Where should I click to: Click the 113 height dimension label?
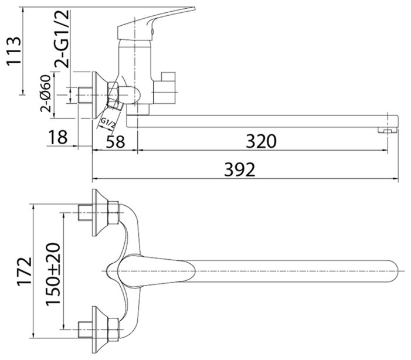click(x=13, y=51)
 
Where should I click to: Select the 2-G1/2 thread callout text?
click(x=62, y=39)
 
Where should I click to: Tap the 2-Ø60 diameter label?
click(x=45, y=94)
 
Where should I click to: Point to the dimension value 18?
click(x=57, y=137)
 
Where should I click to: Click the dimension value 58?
click(x=116, y=142)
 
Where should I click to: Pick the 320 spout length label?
click(x=261, y=141)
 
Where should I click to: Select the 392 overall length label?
click(x=240, y=169)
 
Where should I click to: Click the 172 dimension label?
click(x=25, y=271)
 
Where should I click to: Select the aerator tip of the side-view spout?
click(x=387, y=130)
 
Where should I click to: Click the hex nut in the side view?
click(x=113, y=89)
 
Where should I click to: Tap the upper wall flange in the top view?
click(x=100, y=213)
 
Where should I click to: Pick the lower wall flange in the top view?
click(x=100, y=330)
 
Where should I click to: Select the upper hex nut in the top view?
click(x=113, y=213)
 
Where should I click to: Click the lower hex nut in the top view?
click(x=113, y=330)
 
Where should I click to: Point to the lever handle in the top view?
click(x=156, y=271)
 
